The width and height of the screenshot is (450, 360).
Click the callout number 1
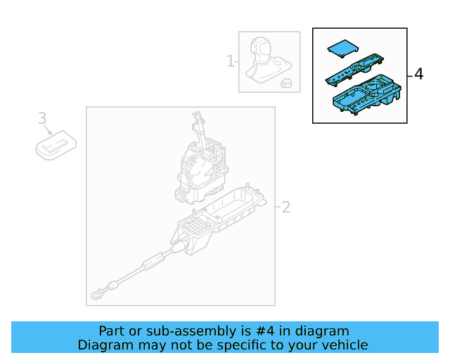click(x=231, y=62)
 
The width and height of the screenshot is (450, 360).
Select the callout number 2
click(x=285, y=207)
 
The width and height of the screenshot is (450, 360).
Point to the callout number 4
click(x=419, y=74)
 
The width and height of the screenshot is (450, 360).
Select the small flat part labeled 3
click(x=56, y=146)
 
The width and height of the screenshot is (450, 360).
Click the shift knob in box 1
click(x=265, y=49)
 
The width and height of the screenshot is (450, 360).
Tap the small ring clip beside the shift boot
click(x=286, y=83)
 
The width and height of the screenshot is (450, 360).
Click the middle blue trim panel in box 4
click(x=352, y=71)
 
